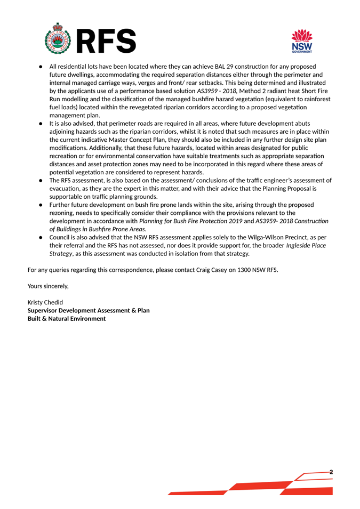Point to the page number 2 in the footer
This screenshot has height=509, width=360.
(x=331, y=472)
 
